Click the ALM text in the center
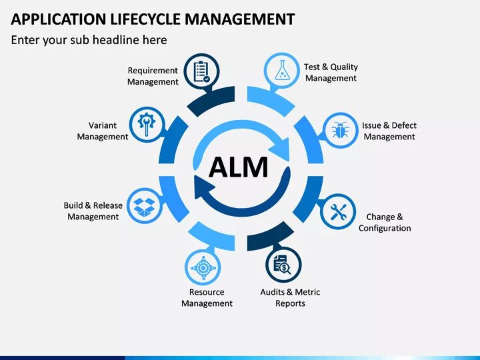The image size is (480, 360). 239,167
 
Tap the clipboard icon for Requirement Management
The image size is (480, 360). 202,71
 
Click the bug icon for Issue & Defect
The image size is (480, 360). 340,129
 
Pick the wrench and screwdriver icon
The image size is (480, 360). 339,213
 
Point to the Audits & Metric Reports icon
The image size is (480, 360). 283,265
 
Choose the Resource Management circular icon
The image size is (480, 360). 201,268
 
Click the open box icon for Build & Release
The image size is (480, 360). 145,207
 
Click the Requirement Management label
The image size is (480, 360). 153,76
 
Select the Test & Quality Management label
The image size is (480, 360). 331,72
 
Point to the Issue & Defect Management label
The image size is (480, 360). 389,131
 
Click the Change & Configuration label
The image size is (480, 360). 385,222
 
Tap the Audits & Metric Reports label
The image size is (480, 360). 290,297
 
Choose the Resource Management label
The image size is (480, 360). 207,297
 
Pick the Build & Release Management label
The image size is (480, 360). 93,211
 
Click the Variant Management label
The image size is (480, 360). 103,131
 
